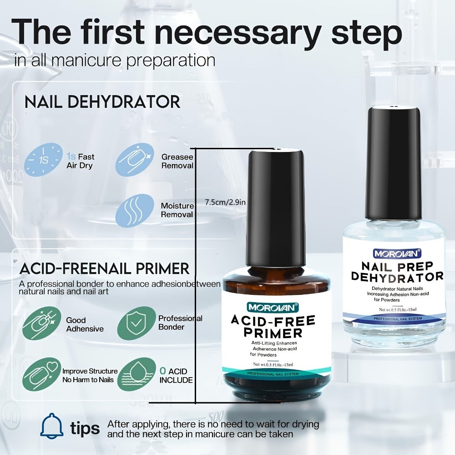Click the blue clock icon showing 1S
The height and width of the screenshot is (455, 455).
[43, 160]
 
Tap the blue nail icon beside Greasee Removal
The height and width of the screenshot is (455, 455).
[135, 160]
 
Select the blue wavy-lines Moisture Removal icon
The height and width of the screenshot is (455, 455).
[135, 211]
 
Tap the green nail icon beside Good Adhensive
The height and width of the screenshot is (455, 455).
[42, 323]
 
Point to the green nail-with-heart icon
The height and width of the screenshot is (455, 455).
[42, 374]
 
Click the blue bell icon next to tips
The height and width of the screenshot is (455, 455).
[52, 426]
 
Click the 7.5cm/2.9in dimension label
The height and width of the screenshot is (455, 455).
[225, 202]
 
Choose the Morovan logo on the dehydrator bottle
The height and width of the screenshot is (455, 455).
[397, 253]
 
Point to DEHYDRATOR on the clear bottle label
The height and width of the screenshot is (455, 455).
[397, 277]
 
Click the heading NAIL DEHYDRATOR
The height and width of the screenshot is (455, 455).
[102, 102]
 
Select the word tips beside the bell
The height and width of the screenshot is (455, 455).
[85, 428]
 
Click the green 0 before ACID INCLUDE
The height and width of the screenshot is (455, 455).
[163, 371]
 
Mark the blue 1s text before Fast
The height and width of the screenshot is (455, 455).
[71, 157]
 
